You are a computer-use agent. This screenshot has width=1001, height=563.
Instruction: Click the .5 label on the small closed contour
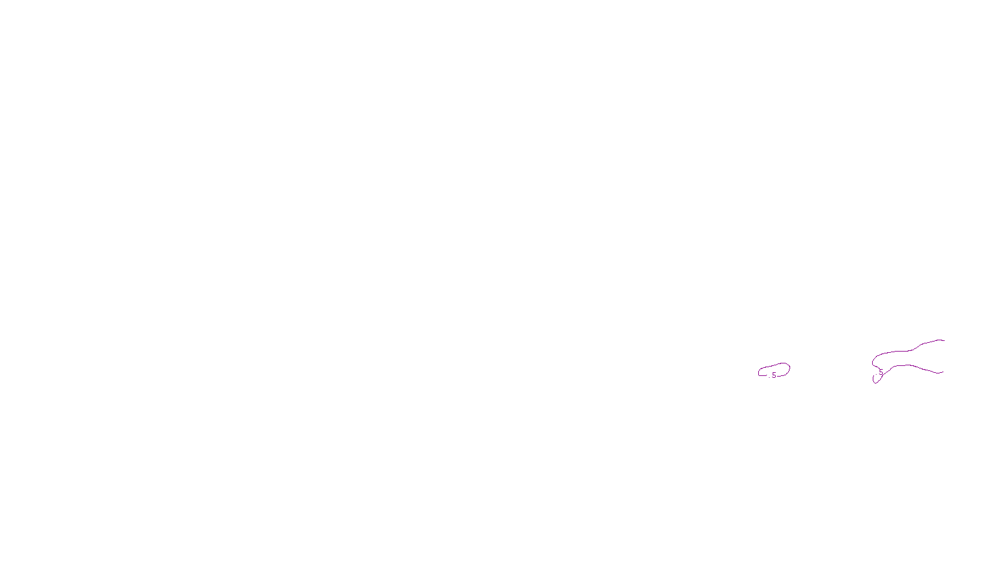773,375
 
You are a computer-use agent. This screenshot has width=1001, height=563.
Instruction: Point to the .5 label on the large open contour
880,373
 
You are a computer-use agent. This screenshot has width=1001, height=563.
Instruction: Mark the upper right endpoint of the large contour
944,340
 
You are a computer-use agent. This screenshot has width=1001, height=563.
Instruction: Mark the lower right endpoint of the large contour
943,372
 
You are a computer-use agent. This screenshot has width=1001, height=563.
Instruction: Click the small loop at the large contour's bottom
876,379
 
